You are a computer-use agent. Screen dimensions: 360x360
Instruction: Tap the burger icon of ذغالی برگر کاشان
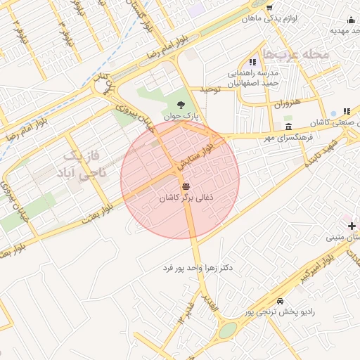click(186, 186)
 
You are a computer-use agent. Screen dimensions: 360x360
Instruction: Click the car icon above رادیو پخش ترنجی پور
click(281, 301)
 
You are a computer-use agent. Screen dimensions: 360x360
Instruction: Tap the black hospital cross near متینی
click(352, 226)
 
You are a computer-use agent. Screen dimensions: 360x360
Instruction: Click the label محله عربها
click(295, 53)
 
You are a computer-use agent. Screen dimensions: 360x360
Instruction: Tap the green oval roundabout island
click(228, 330)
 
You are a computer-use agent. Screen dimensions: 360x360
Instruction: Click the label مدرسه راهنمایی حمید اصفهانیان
click(252, 77)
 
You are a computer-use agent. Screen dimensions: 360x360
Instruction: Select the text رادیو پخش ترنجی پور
click(281, 311)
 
